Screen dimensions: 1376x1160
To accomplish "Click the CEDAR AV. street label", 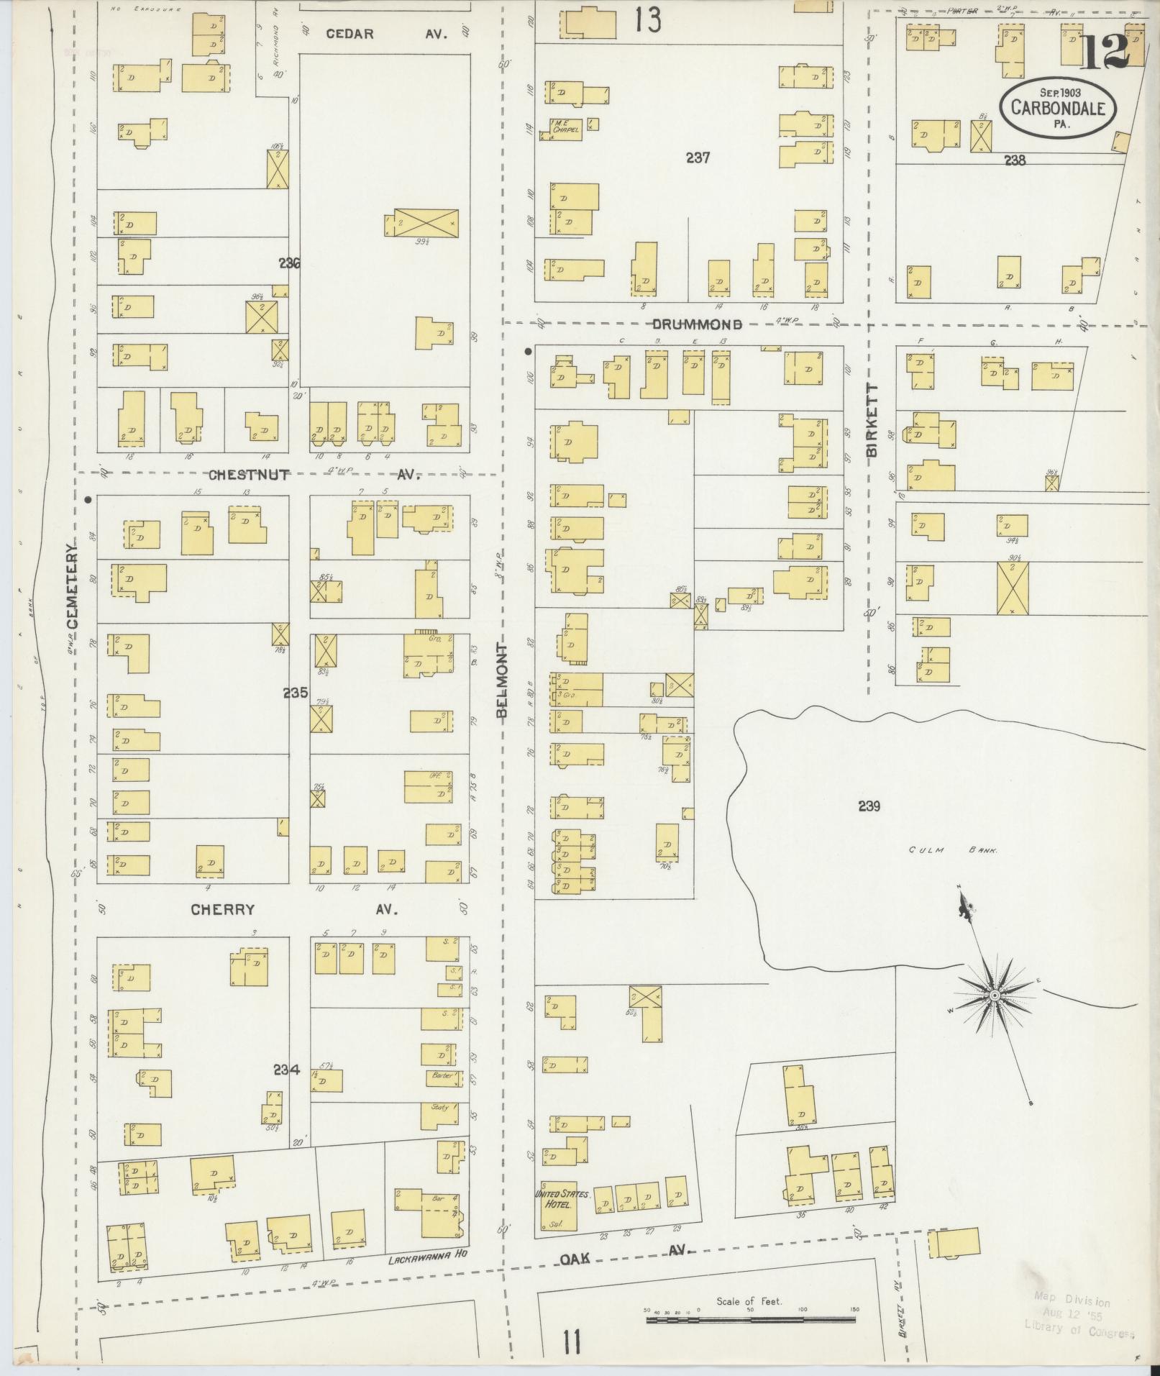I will (x=386, y=33).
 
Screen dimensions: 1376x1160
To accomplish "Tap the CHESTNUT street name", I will (x=249, y=474).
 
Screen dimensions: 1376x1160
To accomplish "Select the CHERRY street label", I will (x=222, y=909).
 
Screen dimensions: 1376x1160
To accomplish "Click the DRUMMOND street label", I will (x=697, y=324).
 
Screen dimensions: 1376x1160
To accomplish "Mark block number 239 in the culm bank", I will (x=869, y=806).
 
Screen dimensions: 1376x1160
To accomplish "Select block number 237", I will (x=698, y=157).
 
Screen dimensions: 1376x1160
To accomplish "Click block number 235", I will (x=295, y=693).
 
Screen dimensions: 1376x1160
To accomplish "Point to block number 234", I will (x=286, y=1070).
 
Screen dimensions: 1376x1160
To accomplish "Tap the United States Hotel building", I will (x=562, y=1200).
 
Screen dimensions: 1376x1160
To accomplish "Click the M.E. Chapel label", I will (x=565, y=127).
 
